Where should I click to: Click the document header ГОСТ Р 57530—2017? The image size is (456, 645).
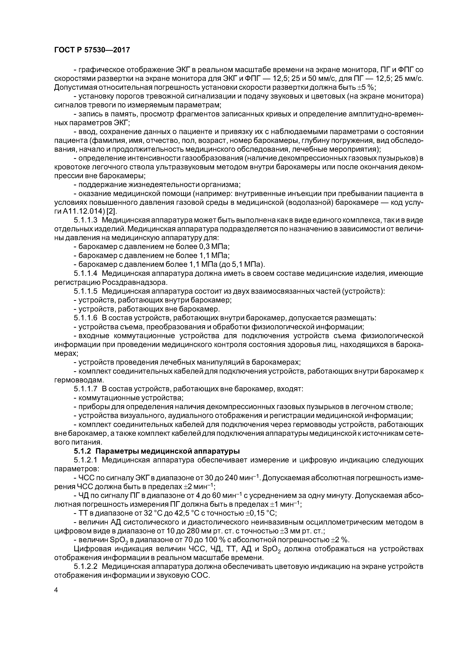click(92, 50)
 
